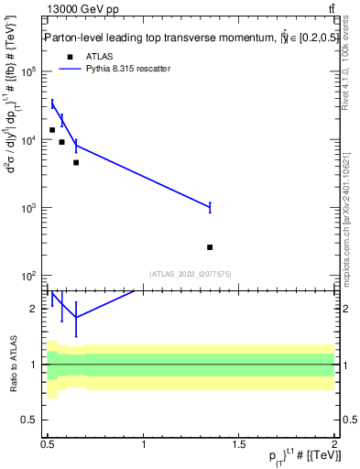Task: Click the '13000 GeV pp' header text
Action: click(82, 9)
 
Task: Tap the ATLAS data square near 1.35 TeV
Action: click(210, 247)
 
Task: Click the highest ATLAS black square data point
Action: click(52, 130)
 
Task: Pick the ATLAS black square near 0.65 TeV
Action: click(76, 162)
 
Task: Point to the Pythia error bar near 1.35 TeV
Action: click(210, 207)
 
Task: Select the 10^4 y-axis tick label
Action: click(27, 140)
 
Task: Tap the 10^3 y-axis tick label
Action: click(27, 208)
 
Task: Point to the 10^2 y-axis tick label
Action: click(27, 276)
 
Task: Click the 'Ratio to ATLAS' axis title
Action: click(13, 364)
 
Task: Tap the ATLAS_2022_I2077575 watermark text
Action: click(190, 273)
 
